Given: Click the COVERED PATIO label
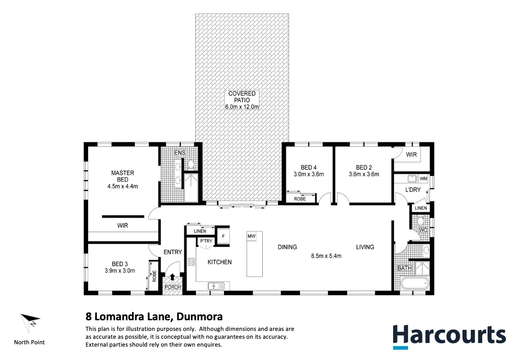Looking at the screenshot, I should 242,97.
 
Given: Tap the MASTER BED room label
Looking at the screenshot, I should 122,173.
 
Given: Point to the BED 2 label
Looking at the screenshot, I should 364,167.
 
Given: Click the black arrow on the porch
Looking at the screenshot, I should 173,277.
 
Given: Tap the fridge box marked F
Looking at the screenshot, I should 223,236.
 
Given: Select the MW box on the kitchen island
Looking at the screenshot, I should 252,236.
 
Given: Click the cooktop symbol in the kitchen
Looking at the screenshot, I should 191,262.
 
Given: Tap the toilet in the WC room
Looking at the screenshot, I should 421,221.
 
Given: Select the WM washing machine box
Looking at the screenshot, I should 423,178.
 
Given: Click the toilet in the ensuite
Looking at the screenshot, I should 190,164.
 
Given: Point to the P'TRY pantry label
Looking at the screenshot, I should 205,241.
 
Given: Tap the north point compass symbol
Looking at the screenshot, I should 30,321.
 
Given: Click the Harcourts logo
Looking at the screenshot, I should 449,336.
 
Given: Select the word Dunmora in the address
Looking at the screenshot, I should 199,317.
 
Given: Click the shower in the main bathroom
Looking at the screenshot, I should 422,268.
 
